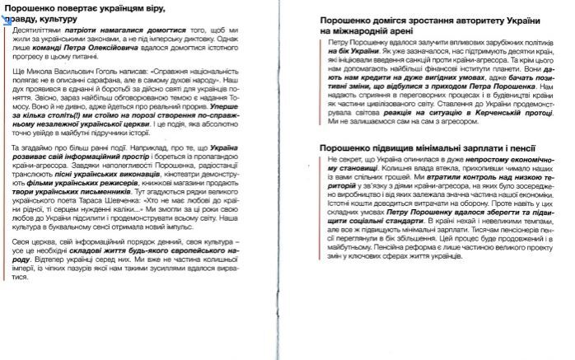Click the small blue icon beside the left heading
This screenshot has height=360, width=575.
7,15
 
